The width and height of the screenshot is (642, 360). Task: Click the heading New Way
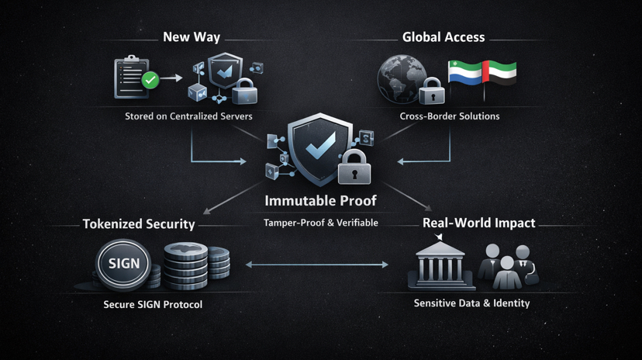(x=192, y=37)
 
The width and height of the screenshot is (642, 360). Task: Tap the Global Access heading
(x=444, y=37)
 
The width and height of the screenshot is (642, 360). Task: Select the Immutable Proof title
(x=320, y=200)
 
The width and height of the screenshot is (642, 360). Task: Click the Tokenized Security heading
(x=139, y=224)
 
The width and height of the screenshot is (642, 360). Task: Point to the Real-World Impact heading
(x=478, y=223)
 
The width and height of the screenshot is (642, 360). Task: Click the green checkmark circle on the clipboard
(x=150, y=79)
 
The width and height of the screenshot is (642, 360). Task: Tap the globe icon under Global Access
(x=400, y=77)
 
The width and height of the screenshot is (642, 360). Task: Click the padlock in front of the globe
(x=431, y=92)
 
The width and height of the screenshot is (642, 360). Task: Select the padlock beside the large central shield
(x=354, y=167)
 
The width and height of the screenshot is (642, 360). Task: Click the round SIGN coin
(x=124, y=264)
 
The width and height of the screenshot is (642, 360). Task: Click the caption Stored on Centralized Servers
(x=188, y=116)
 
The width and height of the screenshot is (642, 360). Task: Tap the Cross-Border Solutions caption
(x=450, y=116)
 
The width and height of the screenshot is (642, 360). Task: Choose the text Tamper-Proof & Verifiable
(x=321, y=223)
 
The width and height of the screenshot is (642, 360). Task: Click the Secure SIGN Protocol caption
(x=153, y=304)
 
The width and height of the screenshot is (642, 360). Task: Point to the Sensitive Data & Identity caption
(x=471, y=303)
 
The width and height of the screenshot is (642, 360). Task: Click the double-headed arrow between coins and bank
(x=318, y=265)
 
